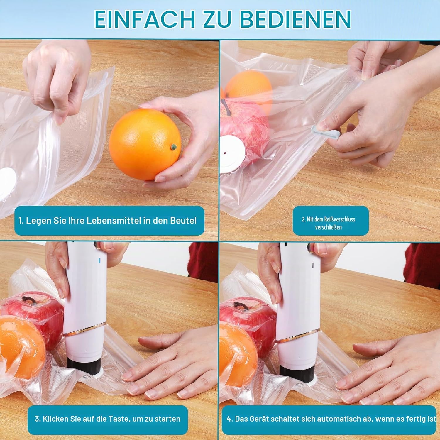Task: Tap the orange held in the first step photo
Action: coord(145,144)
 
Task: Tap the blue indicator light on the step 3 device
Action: coord(99,260)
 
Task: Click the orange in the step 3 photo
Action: coord(22,348)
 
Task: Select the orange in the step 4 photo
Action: coord(236,351)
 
